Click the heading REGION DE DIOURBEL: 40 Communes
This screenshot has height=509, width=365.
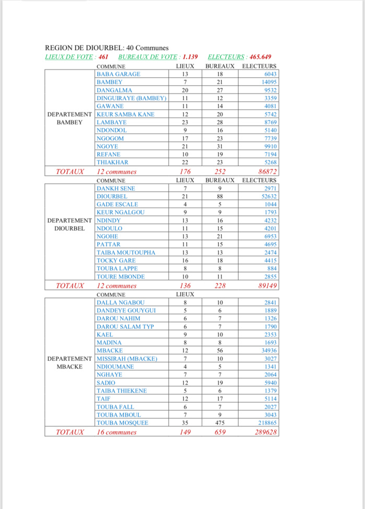click(x=107, y=48)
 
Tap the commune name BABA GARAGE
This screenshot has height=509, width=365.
click(x=119, y=74)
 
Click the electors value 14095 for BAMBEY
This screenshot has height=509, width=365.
click(x=267, y=82)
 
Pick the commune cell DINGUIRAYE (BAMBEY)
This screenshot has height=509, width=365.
click(x=132, y=98)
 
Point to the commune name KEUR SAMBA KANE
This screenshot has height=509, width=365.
click(x=125, y=114)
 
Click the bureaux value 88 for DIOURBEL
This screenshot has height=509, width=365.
click(x=220, y=196)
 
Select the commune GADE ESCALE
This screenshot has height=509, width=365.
click(x=117, y=204)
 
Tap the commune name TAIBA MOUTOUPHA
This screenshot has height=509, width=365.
click(x=126, y=253)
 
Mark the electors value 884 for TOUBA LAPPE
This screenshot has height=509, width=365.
click(x=270, y=268)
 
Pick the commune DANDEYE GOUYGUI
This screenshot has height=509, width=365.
click(x=125, y=311)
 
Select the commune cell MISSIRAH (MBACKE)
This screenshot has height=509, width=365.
click(x=126, y=359)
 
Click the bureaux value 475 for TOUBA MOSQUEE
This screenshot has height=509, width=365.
click(x=220, y=423)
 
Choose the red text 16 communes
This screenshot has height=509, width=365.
click(x=116, y=432)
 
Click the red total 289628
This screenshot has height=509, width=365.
click(x=264, y=432)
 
